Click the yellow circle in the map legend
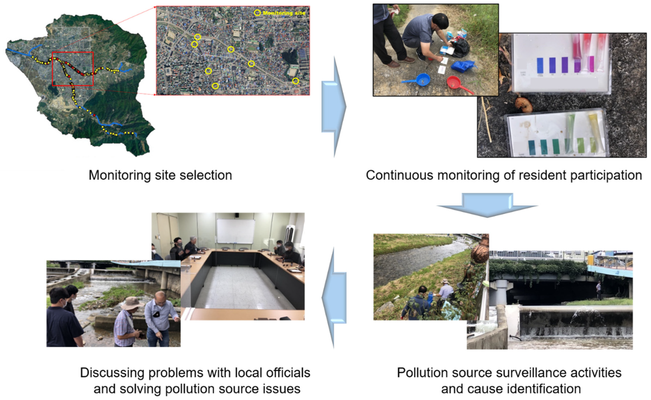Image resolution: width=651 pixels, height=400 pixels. point(257,13)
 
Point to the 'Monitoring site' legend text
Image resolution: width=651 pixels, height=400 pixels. point(284,13)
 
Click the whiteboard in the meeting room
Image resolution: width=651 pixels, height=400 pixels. point(235,231)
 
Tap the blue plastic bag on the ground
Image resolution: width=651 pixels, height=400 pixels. point(464,66)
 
